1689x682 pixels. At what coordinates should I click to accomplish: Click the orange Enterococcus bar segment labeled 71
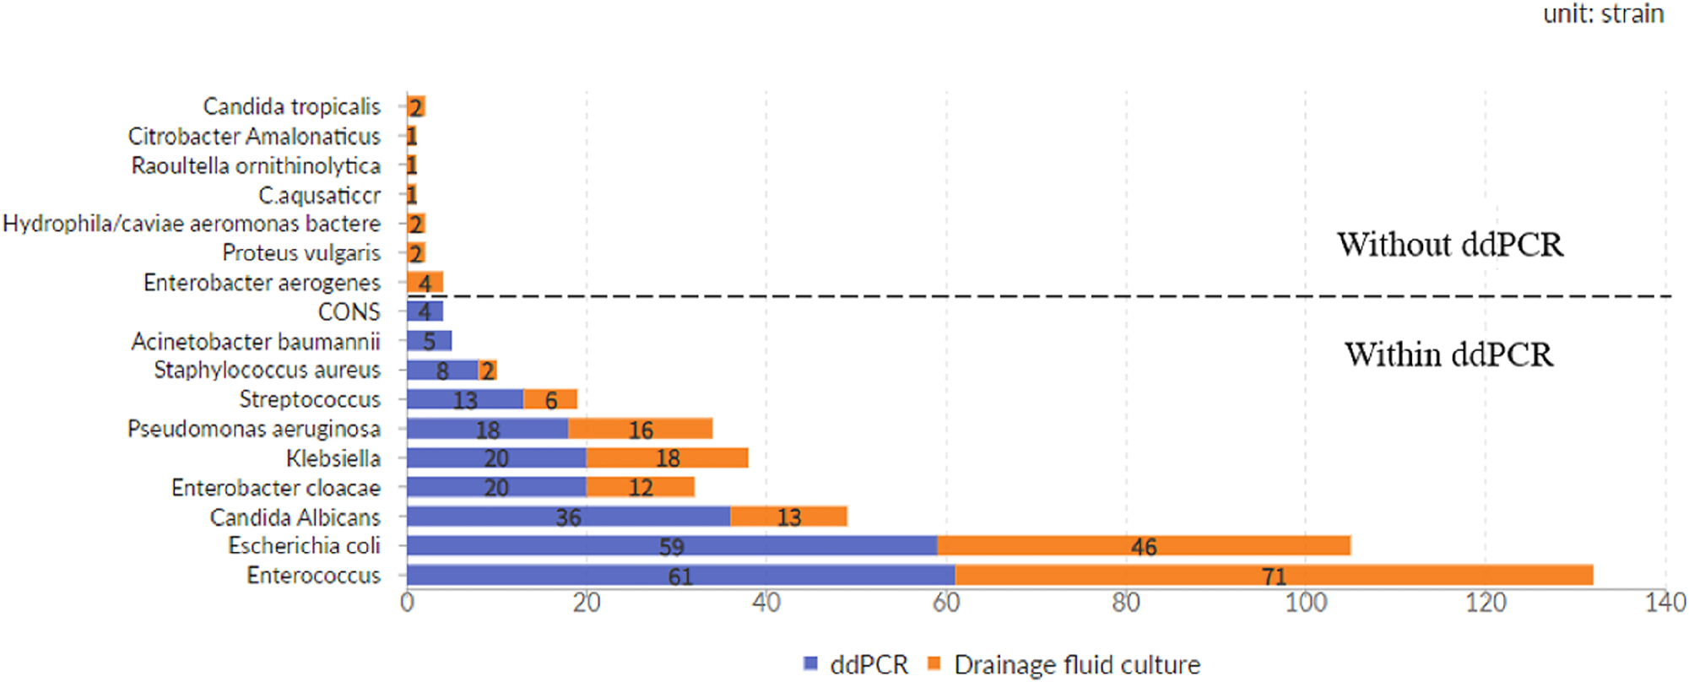coord(1273,576)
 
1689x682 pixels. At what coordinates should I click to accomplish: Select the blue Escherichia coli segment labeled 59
coord(671,546)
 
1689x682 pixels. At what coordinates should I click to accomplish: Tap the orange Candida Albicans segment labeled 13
coord(788,517)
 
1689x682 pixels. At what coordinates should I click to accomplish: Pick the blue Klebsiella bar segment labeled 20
coord(495,458)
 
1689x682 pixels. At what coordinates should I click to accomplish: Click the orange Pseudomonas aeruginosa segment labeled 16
coord(640,429)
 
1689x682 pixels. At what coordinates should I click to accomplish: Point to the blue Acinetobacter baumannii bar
coord(429,341)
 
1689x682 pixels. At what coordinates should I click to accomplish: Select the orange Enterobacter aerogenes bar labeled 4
coord(425,283)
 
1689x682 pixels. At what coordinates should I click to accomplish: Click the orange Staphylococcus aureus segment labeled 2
coord(488,371)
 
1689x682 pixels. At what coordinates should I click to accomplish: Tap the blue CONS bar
coord(425,311)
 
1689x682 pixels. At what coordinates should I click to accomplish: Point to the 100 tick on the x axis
coord(1305,603)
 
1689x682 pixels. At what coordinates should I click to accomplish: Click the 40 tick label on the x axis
coord(766,603)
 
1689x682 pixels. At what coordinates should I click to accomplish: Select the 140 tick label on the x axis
coord(1665,603)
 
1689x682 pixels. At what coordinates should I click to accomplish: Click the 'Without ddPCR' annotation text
coord(1449,245)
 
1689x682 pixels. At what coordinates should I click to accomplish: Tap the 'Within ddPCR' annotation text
coord(1448,355)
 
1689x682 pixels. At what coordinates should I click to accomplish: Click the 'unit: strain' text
coord(1603,14)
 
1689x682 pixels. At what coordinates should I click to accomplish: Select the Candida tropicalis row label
coord(291,106)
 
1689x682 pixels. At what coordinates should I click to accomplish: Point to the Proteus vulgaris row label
coord(301,252)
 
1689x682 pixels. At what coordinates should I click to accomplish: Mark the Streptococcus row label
coord(309,399)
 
